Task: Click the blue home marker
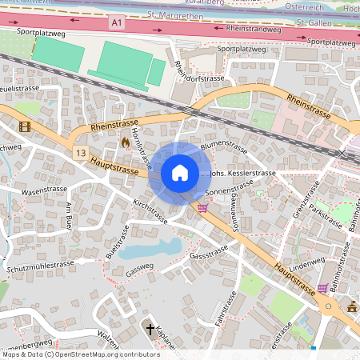[180, 172]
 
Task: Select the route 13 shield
[79, 152]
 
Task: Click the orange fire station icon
[126, 143]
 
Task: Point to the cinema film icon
[25, 126]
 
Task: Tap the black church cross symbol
[150, 329]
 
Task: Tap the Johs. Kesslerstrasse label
[242, 173]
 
